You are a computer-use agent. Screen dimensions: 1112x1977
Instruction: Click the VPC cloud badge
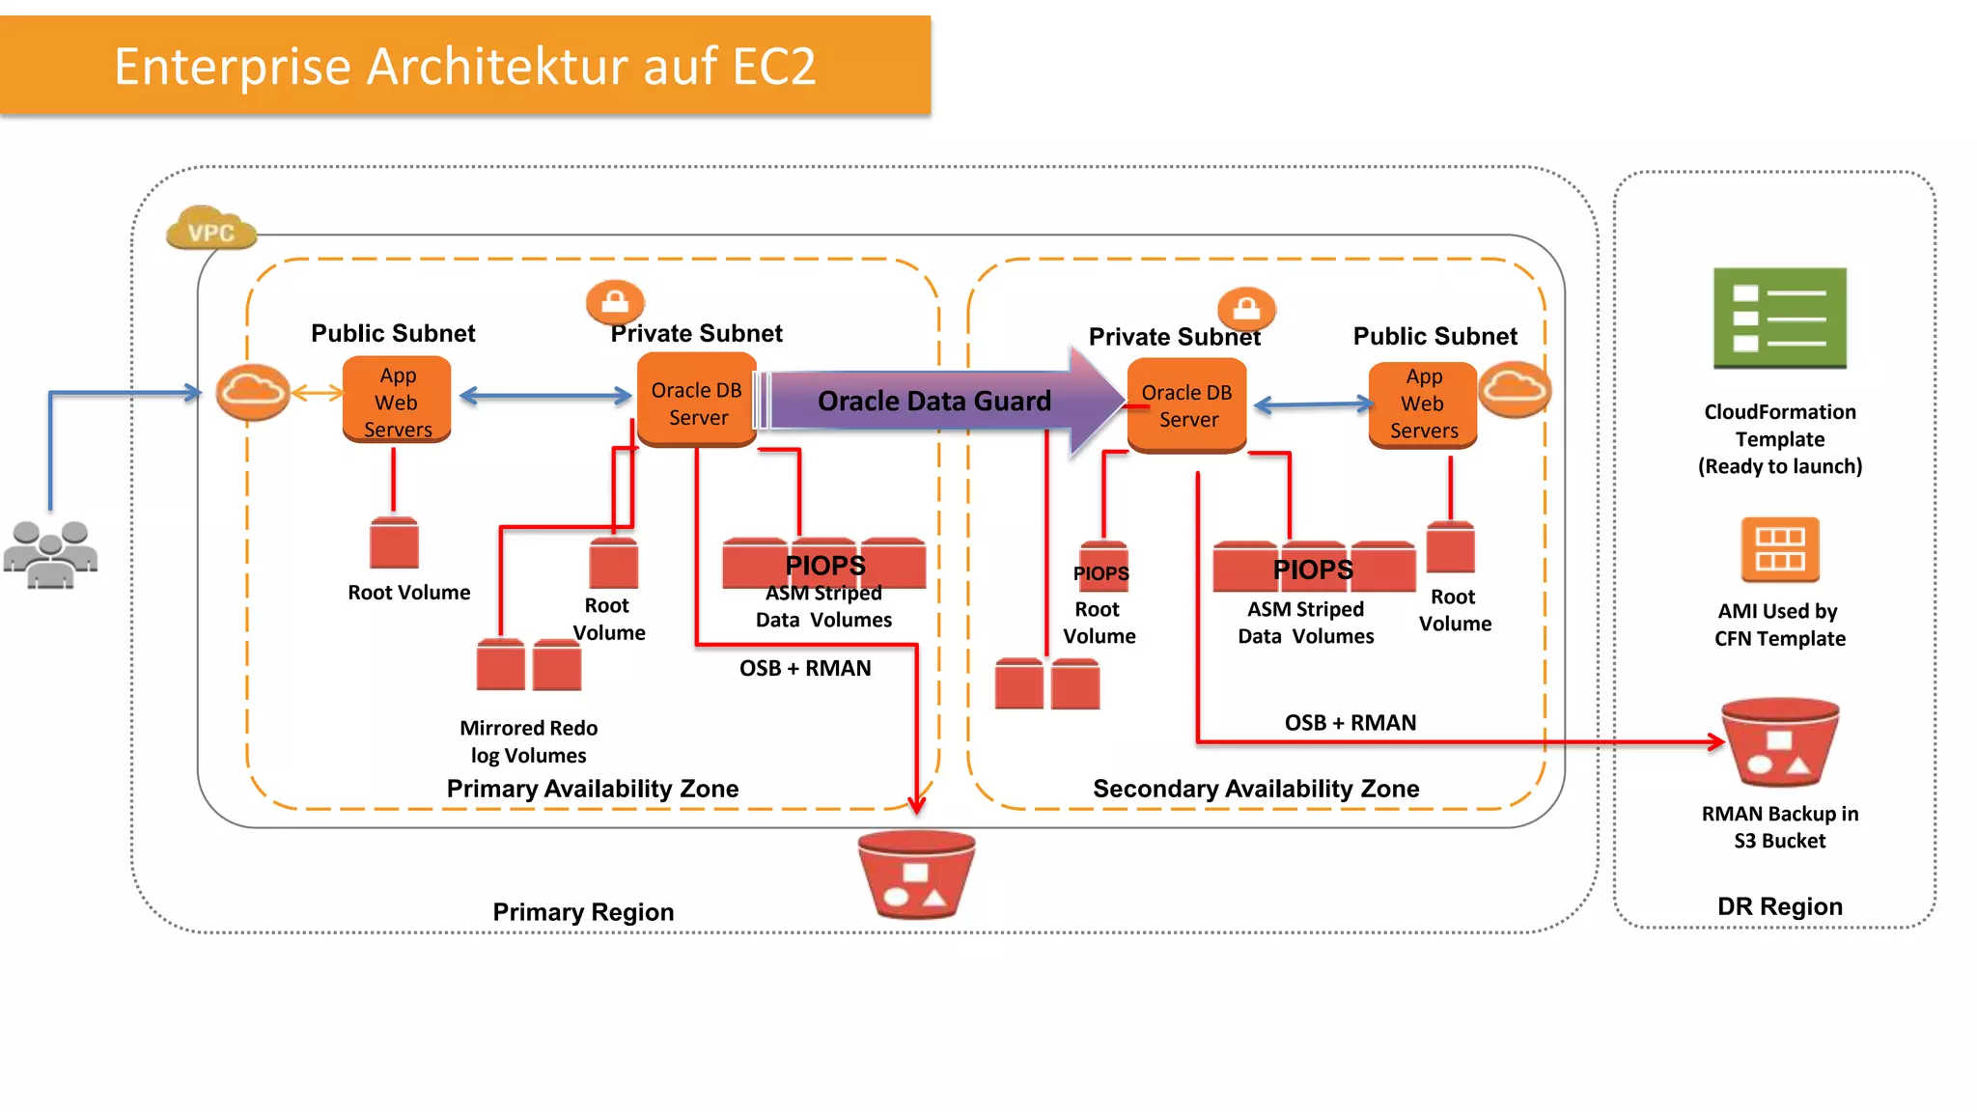tap(211, 229)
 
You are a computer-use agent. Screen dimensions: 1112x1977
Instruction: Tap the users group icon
tap(50, 554)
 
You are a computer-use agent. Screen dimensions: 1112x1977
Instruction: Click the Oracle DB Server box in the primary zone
tap(696, 402)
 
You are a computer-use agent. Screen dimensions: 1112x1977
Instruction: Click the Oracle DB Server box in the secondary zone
tap(1186, 405)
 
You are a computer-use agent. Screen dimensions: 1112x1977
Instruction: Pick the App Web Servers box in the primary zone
tap(397, 401)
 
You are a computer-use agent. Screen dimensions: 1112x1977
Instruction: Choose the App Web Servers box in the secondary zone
tap(1423, 404)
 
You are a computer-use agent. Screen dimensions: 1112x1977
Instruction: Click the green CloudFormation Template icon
tap(1779, 319)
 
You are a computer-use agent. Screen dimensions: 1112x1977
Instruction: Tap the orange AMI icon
tap(1779, 549)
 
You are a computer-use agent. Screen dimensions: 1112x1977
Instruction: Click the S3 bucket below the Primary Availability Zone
tap(916, 875)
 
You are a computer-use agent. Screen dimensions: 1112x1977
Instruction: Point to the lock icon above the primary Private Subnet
tap(615, 302)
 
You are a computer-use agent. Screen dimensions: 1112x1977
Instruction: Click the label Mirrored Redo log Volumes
tap(528, 741)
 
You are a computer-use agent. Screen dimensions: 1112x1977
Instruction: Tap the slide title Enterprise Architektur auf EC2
tap(465, 67)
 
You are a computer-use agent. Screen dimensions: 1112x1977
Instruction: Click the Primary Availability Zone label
tap(592, 789)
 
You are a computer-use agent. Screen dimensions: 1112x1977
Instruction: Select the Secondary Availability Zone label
tap(1255, 789)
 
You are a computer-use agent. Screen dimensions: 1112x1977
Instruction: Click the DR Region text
tap(1779, 906)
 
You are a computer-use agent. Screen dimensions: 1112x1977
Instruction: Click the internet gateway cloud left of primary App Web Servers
tap(252, 392)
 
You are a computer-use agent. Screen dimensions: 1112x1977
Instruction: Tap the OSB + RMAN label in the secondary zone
tap(1350, 723)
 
